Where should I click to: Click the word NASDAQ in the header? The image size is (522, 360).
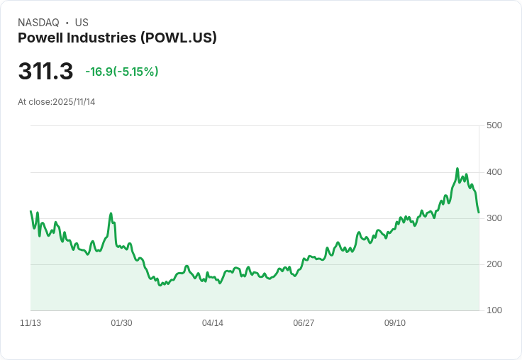click(38, 23)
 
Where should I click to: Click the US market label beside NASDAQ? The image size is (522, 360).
click(82, 23)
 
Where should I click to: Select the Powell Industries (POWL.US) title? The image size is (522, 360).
click(117, 38)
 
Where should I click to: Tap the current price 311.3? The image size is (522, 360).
click(45, 72)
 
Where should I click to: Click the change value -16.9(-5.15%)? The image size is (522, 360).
click(121, 72)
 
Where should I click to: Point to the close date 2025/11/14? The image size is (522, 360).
click(74, 102)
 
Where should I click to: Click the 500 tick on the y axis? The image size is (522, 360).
click(494, 125)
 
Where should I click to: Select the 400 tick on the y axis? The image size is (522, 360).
click(494, 172)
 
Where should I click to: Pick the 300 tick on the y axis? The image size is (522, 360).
click(494, 218)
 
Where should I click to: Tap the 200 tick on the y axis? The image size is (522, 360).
click(494, 264)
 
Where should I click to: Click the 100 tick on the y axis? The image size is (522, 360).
click(494, 310)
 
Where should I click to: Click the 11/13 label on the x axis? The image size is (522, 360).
click(30, 323)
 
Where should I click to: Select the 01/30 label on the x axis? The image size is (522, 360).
click(121, 323)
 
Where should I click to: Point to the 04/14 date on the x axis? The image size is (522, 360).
click(213, 323)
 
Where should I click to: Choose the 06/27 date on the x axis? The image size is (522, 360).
click(304, 323)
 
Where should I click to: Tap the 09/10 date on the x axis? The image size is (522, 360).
click(395, 323)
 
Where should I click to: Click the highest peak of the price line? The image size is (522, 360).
click(457, 169)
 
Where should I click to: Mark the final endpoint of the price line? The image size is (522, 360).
click(479, 212)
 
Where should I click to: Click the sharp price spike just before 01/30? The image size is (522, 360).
click(111, 213)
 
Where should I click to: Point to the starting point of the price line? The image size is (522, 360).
click(30, 211)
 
